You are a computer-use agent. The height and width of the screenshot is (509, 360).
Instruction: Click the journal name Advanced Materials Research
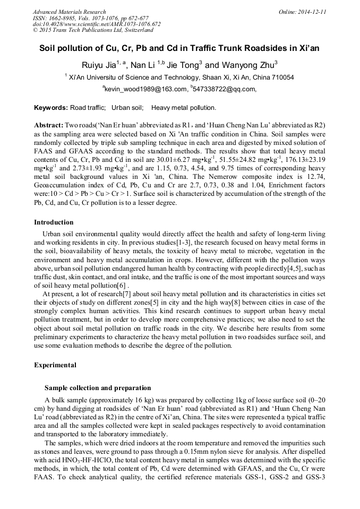click(69, 12)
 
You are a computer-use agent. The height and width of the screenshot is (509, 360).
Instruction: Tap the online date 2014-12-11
click(311, 12)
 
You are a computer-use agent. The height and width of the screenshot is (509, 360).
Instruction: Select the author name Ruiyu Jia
click(100, 65)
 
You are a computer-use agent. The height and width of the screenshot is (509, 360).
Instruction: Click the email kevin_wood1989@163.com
click(145, 89)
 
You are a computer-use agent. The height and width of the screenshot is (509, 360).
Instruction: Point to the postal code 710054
click(282, 77)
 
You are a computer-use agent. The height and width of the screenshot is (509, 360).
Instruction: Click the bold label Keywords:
click(51, 108)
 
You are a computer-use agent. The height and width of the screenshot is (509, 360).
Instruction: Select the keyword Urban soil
click(127, 108)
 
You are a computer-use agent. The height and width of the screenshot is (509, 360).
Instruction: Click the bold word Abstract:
click(49, 125)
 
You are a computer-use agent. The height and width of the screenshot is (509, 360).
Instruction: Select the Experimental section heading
click(55, 365)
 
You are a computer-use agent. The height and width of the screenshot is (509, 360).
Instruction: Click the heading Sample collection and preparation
click(98, 388)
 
